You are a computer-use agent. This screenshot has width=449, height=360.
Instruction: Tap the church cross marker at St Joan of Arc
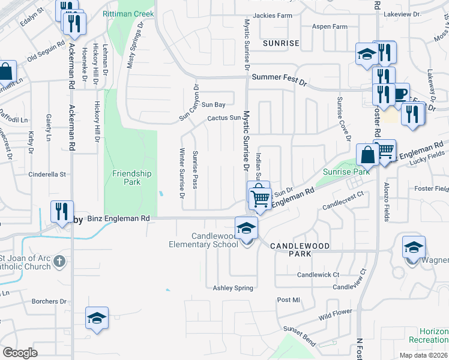[x=58, y=261]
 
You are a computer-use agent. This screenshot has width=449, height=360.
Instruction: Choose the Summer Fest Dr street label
[x=279, y=78]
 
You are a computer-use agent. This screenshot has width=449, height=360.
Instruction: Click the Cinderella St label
[x=47, y=175]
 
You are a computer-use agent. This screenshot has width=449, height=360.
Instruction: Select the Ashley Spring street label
[x=234, y=288]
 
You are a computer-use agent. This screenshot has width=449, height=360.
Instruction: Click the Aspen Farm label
[x=330, y=27]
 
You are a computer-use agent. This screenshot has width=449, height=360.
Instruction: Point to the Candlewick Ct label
[x=319, y=274]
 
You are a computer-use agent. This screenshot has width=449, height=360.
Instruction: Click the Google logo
[x=20, y=353]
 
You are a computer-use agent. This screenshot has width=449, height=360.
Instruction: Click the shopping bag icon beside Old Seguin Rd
[x=5, y=71]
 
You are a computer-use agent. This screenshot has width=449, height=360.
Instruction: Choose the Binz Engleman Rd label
[x=118, y=219]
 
